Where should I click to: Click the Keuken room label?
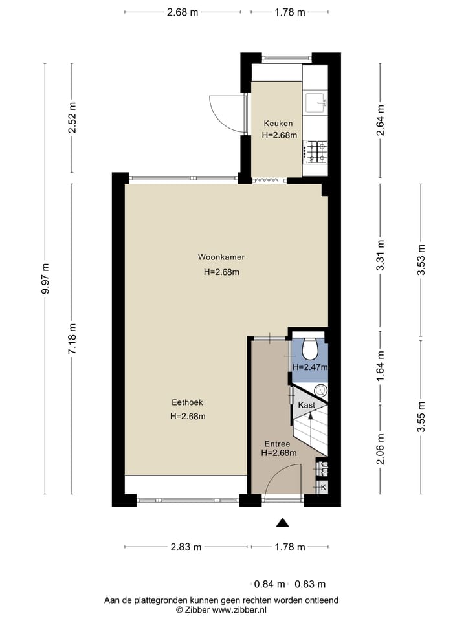(x=278, y=124)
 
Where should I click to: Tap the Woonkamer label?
(x=221, y=257)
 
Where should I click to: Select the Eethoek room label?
(x=187, y=402)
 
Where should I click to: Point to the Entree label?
(x=278, y=444)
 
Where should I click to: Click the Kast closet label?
(x=306, y=405)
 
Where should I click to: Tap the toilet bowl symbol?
(x=310, y=348)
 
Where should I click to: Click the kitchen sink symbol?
(x=316, y=103)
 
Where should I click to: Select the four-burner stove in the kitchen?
(x=316, y=153)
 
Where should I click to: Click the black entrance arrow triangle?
(x=282, y=523)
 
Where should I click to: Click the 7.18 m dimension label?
(x=72, y=339)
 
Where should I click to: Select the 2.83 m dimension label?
(x=186, y=547)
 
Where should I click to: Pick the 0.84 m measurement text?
(x=269, y=584)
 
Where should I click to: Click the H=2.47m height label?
(x=310, y=367)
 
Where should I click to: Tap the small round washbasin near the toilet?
(x=320, y=391)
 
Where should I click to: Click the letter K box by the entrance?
(x=323, y=487)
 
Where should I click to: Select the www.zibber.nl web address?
(x=239, y=609)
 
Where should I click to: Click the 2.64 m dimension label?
(x=381, y=120)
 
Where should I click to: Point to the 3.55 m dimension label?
(x=421, y=417)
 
